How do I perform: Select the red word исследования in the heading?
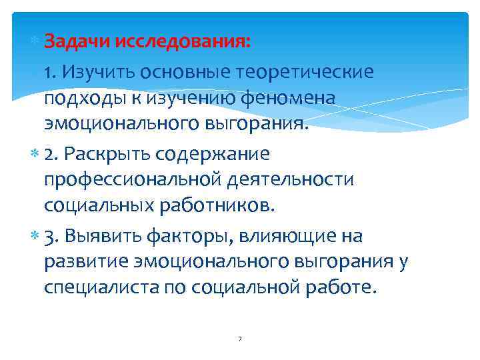(183, 41)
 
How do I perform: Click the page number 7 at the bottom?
(239, 340)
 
